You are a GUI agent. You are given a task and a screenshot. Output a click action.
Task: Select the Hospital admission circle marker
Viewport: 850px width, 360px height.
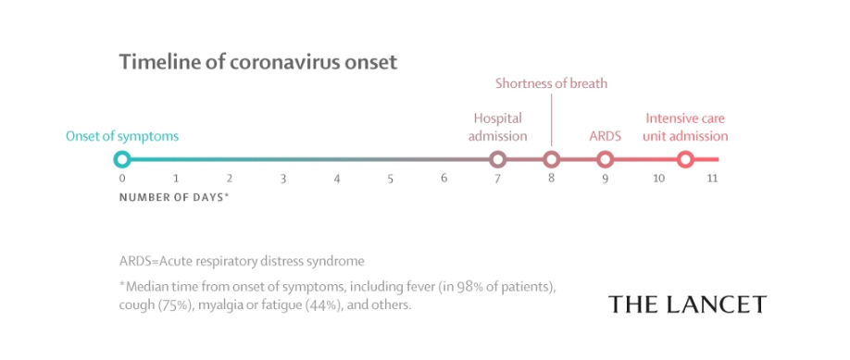pyautogui.click(x=497, y=153)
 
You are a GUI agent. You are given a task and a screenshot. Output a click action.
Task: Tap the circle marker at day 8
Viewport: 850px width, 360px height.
pyautogui.click(x=551, y=153)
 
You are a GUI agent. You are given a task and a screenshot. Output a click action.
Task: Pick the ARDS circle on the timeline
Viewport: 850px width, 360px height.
pyautogui.click(x=605, y=153)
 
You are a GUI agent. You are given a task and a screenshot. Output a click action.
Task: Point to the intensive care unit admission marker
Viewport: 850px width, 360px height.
pyautogui.click(x=686, y=153)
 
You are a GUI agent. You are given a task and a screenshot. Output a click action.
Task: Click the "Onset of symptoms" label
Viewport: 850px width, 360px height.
pyautogui.click(x=122, y=136)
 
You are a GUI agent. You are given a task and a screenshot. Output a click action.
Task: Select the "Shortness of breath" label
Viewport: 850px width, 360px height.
pyautogui.click(x=551, y=83)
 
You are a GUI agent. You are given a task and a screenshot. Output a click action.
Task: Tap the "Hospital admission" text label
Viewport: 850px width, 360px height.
pyautogui.click(x=497, y=127)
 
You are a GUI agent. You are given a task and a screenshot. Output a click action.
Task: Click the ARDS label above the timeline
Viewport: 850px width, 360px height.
pyautogui.click(x=605, y=135)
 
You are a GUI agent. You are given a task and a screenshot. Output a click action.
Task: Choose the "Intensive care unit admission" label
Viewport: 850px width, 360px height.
pyautogui.click(x=685, y=127)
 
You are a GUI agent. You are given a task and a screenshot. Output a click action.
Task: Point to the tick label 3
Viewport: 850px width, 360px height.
pyautogui.click(x=283, y=179)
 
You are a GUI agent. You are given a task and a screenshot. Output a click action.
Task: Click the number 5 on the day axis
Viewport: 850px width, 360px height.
pyautogui.click(x=391, y=179)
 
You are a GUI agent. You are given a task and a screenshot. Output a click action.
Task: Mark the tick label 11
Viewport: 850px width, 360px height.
pyautogui.click(x=712, y=179)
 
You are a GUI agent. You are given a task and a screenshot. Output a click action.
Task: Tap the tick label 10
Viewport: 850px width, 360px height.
pyautogui.click(x=658, y=179)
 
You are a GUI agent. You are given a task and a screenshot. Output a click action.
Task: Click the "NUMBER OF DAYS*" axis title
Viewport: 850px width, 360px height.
pyautogui.click(x=174, y=197)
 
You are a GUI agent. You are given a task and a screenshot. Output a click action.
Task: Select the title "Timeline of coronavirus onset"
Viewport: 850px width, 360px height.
pyautogui.click(x=258, y=62)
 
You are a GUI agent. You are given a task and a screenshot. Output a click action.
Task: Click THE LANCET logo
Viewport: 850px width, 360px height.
pyautogui.click(x=687, y=304)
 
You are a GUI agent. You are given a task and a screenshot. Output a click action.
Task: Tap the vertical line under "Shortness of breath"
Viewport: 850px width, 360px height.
pyautogui.click(x=551, y=119)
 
